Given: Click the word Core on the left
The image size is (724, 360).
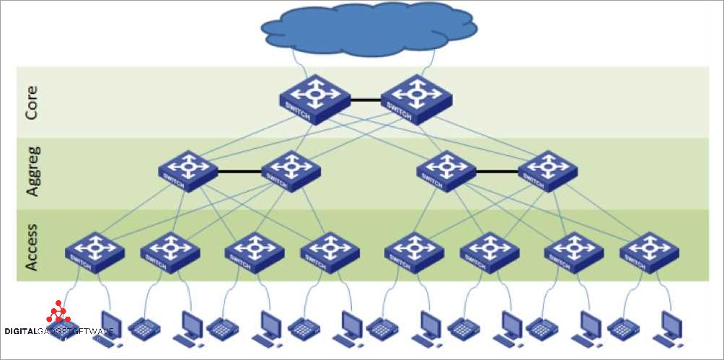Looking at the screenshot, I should (31, 103).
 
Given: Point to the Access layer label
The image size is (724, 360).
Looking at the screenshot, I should (31, 246).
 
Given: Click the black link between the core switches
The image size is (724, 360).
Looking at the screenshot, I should (366, 100).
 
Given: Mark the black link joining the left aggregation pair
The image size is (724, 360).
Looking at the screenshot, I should (239, 172).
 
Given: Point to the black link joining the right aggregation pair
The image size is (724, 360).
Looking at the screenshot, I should (497, 172).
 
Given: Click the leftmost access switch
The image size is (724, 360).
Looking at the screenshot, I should (94, 252).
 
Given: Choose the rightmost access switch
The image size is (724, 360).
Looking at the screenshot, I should (649, 252).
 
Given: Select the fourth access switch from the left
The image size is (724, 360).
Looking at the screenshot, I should (330, 252).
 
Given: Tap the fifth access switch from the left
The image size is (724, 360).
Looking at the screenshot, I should (414, 252).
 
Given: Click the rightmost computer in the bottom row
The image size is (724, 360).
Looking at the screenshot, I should (666, 329).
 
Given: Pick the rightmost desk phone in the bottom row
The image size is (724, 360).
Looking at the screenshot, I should (623, 329).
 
